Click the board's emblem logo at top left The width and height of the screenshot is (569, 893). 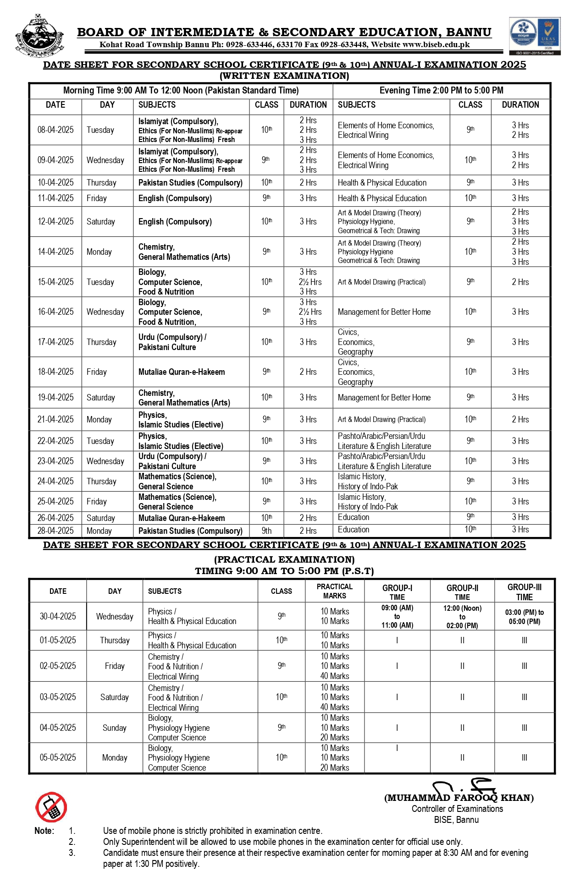39,35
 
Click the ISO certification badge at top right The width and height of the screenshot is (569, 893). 535,36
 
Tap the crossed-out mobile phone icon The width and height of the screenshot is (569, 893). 51,807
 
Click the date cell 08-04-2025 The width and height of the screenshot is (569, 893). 55,130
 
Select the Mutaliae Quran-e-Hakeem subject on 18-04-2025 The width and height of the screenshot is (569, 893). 182,372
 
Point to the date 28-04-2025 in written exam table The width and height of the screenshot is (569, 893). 55,531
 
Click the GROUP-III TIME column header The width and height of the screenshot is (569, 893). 524,592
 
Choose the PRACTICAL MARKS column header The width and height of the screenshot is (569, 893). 335,591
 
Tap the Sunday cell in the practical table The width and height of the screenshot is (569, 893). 115,728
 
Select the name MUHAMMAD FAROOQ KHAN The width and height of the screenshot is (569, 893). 459,798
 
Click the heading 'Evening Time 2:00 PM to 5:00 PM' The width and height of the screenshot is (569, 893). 441,91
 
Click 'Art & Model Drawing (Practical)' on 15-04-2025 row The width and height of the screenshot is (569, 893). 381,282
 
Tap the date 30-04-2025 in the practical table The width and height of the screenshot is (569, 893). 58,616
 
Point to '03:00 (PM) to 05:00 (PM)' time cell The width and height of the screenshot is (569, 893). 524,617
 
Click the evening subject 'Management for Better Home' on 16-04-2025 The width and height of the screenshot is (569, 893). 384,312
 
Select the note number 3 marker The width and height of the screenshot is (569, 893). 72,853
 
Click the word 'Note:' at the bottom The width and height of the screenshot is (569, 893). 44,831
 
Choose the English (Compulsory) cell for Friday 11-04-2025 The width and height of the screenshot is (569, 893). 175,198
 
